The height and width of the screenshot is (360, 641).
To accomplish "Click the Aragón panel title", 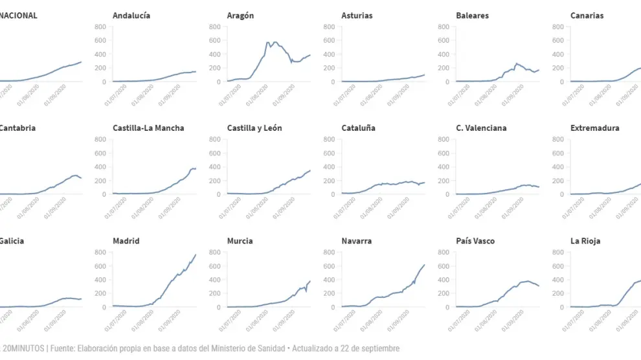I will tap(240, 16).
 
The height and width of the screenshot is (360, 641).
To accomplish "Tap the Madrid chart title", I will tap(126, 241).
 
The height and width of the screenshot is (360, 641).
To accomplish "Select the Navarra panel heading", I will tap(356, 241).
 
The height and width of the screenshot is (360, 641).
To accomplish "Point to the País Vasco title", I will tap(475, 241).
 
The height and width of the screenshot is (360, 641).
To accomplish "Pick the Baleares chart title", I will tap(472, 16).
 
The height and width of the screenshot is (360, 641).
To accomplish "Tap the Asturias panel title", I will tap(357, 16).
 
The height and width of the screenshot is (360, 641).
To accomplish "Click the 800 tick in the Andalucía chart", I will tap(100, 27).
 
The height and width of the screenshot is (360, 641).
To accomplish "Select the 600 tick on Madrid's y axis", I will tap(100, 266).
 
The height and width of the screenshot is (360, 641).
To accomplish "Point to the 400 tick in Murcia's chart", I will tap(214, 280).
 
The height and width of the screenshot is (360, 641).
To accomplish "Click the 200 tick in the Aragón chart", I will tap(214, 68).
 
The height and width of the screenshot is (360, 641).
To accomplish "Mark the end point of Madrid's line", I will tap(196, 254).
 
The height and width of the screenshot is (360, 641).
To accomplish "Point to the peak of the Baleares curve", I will tap(515, 63).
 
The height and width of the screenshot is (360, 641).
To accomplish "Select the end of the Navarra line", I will tap(425, 265).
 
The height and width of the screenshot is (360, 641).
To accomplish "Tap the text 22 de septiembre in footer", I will tap(371, 348).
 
